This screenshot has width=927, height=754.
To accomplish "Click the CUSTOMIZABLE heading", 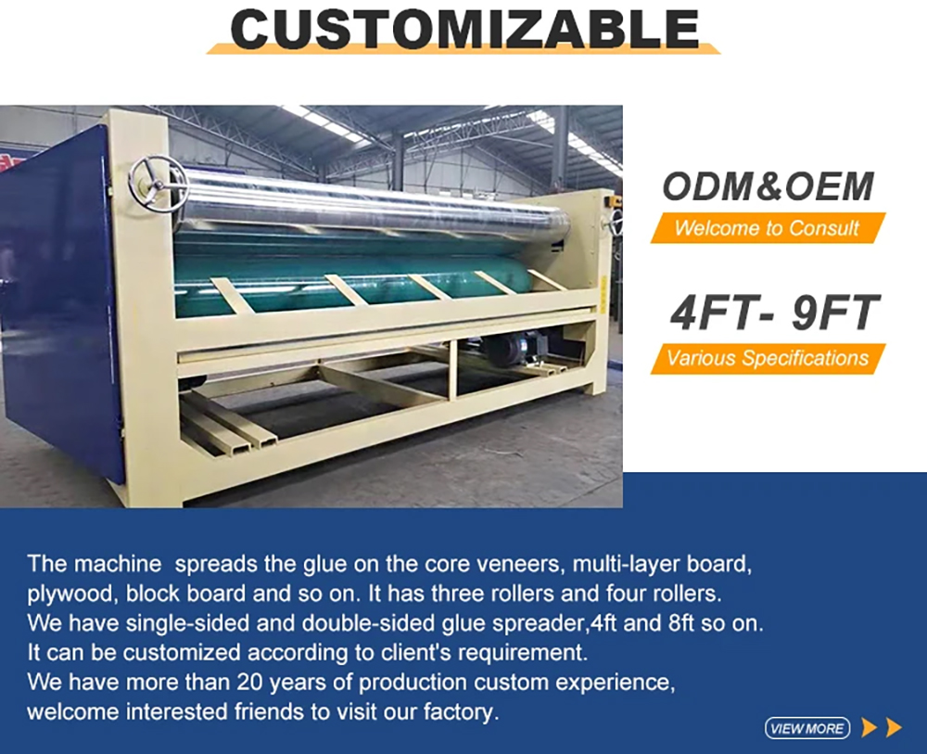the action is (464, 29).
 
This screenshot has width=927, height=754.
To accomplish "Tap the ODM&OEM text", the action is (768, 186).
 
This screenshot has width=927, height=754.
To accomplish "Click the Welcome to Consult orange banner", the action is (768, 228).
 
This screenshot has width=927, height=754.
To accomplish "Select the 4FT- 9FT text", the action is (774, 313).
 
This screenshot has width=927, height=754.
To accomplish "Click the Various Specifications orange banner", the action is (768, 358).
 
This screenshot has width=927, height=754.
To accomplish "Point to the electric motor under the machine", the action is (520, 350).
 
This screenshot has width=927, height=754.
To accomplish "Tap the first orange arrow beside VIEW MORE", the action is (870, 727).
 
